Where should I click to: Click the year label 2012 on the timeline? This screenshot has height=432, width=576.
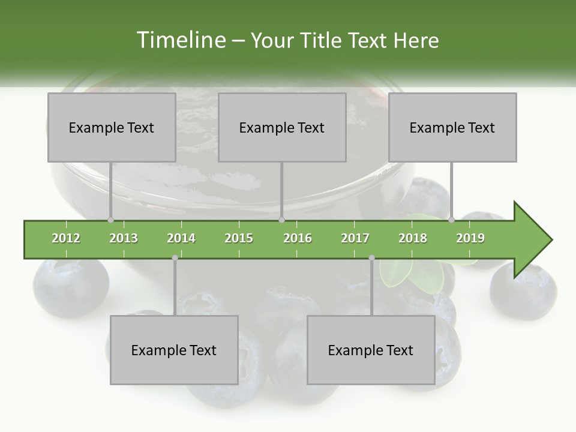pos(66,238)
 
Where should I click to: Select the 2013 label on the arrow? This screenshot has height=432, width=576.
pos(124,238)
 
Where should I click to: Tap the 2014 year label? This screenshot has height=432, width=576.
pos(181,238)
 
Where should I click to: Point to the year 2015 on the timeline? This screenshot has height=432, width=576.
pos(239,238)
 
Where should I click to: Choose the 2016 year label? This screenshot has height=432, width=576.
pos(298,238)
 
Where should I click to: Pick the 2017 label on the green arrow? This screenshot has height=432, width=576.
pos(355,238)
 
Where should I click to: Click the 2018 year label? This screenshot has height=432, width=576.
pos(413,238)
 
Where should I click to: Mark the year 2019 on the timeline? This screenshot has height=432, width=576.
pos(470,238)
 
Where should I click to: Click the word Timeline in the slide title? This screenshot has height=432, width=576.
pos(180,40)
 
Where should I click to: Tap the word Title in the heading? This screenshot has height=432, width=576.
pos(321,40)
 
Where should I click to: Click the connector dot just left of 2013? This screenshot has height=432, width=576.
pos(110,220)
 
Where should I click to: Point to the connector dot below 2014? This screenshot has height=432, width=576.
pos(175,258)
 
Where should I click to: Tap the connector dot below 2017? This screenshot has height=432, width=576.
pos(371,258)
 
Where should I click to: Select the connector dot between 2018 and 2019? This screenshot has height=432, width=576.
pos(451,220)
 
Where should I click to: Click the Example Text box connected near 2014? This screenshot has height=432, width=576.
pos(174,350)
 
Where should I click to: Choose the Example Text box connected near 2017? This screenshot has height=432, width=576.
pos(371,350)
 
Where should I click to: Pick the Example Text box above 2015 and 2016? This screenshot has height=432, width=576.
pos(282,127)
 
